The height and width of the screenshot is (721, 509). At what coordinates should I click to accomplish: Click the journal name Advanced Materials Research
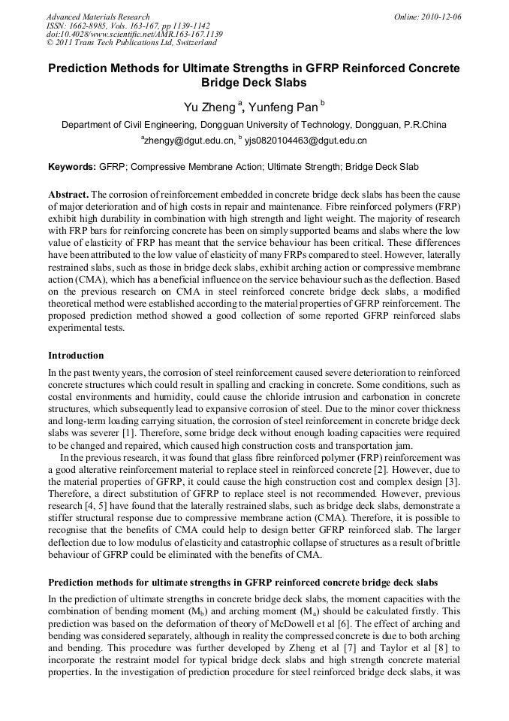point(98,17)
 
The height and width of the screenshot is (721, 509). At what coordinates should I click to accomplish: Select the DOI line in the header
point(135,35)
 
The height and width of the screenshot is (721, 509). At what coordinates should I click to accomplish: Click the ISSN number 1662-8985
point(94,26)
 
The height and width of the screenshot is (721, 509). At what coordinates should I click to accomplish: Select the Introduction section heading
point(76,356)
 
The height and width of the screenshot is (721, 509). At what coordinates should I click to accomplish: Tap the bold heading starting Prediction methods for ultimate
point(242,583)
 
